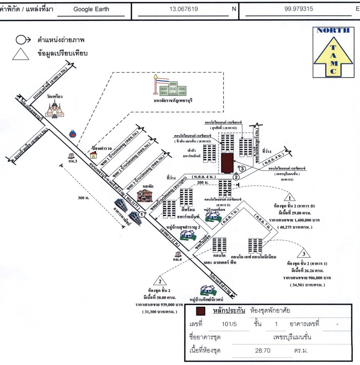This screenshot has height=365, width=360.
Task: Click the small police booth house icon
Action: click(92, 154)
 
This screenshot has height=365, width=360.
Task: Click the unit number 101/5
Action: click(230, 324)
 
